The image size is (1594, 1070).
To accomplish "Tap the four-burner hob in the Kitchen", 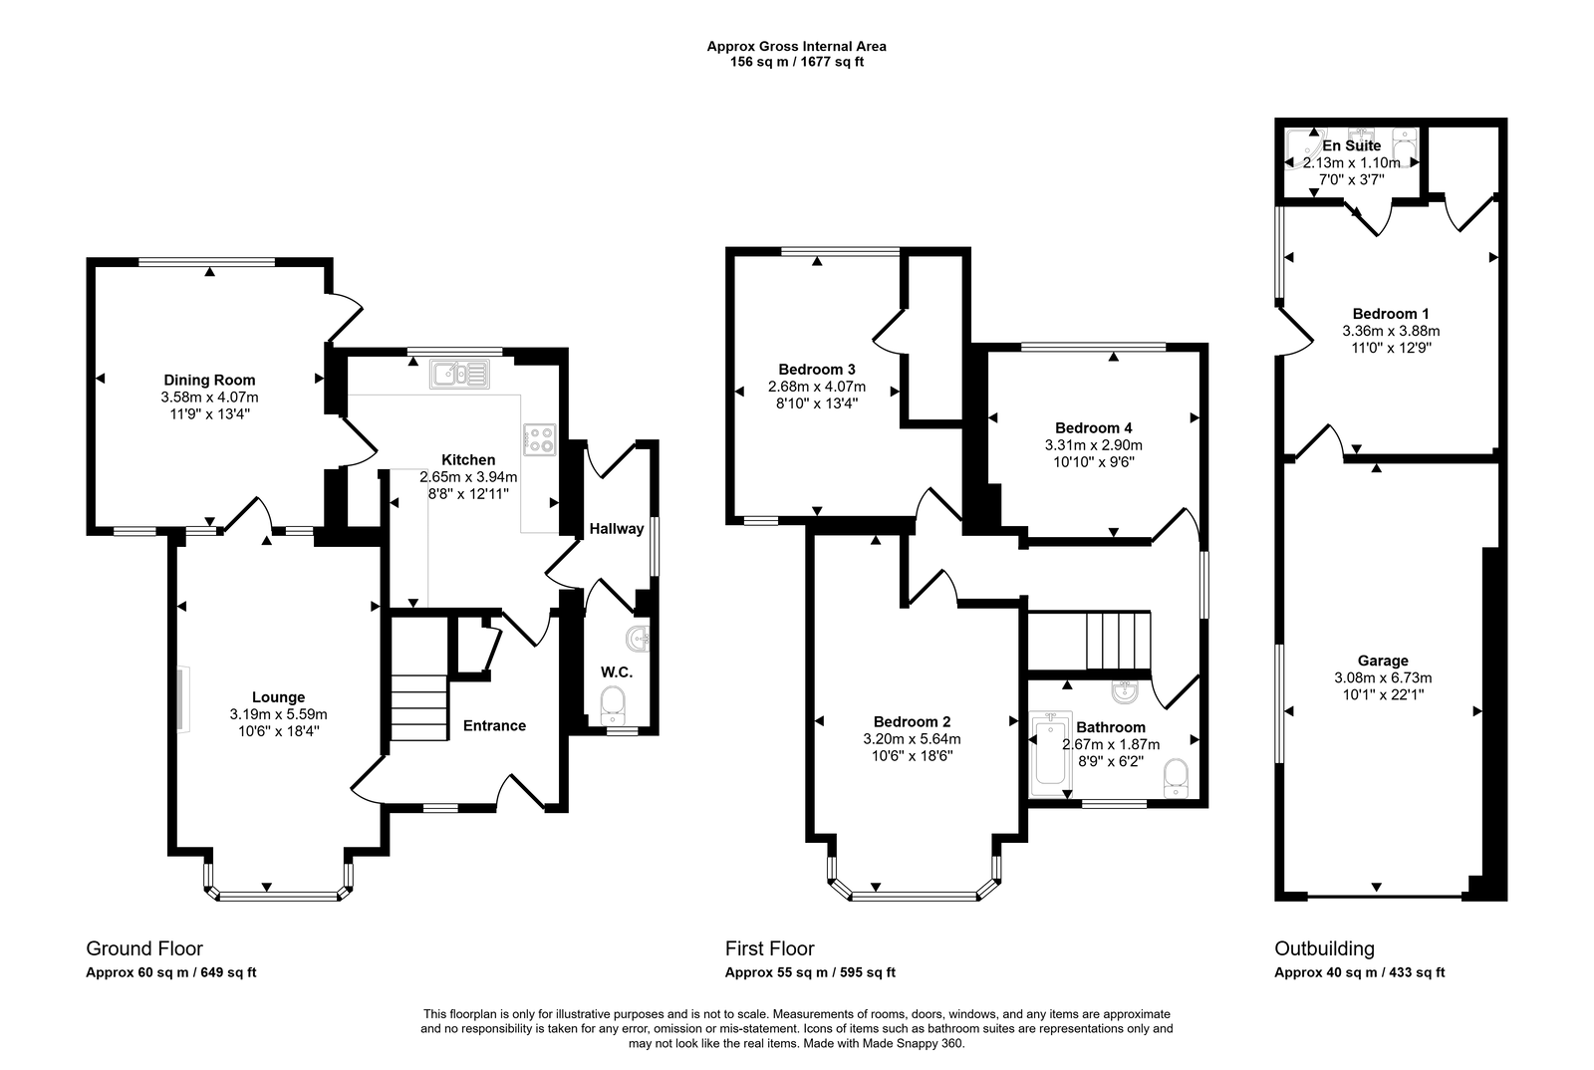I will click(x=539, y=439).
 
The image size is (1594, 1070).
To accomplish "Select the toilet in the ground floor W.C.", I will click(x=614, y=704).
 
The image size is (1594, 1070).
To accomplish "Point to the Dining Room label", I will click(x=209, y=380).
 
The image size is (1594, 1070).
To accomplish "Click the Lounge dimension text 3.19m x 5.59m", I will click(x=278, y=714).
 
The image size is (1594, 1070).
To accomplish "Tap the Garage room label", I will click(x=1383, y=661).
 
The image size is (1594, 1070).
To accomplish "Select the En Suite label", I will click(x=1352, y=145).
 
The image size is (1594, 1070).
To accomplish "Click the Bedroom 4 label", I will click(x=1093, y=428).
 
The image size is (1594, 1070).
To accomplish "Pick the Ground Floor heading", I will click(x=144, y=948).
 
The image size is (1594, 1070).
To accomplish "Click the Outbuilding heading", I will click(x=1324, y=948).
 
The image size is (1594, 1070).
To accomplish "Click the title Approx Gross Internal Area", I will click(x=796, y=46).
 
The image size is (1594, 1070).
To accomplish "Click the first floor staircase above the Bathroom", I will click(x=1118, y=641).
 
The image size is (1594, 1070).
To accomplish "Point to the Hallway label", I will click(x=616, y=528).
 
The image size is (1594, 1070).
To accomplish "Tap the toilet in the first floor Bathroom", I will click(x=1177, y=777).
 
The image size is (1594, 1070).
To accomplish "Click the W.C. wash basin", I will click(x=639, y=639).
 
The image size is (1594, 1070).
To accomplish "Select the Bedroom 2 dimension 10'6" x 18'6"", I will click(x=912, y=756).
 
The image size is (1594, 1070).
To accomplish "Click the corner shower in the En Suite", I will click(x=1301, y=149).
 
